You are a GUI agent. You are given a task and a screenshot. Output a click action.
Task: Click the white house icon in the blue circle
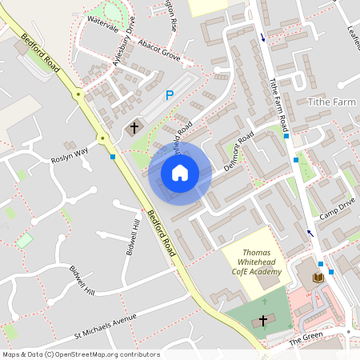click(179, 173)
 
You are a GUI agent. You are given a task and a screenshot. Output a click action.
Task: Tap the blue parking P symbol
click(169, 95)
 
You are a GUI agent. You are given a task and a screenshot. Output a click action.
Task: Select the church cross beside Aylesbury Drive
click(134, 126)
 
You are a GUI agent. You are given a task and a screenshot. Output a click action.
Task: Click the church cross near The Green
click(262, 320)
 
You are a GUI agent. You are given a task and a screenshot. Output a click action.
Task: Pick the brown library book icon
click(318, 277)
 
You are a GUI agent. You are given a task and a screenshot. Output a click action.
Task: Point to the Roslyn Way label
click(69, 152)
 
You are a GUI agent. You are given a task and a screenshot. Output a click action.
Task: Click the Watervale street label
click(102, 18)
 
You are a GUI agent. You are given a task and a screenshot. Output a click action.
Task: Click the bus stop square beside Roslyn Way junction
click(112, 157)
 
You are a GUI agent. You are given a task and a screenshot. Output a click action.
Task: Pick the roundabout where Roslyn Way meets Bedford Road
click(102, 139)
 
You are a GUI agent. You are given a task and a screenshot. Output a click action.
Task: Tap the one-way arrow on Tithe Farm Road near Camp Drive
click(310, 234)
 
